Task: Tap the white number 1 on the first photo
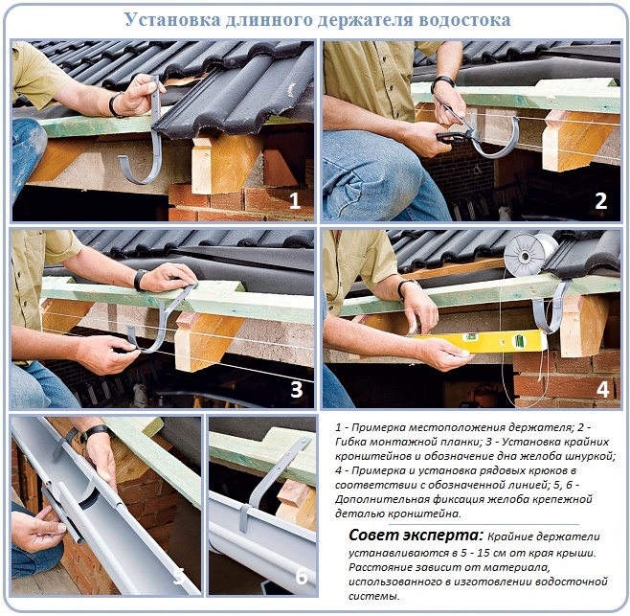point(295,200)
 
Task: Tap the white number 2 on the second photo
point(601,200)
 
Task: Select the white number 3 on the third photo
point(297,389)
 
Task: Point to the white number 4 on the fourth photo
point(602,389)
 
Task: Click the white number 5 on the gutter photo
point(179,576)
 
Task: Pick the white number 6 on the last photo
point(302,576)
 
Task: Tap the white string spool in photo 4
point(529,253)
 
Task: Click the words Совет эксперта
point(416,536)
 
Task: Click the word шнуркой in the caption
point(590,456)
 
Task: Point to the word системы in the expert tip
point(374,596)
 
